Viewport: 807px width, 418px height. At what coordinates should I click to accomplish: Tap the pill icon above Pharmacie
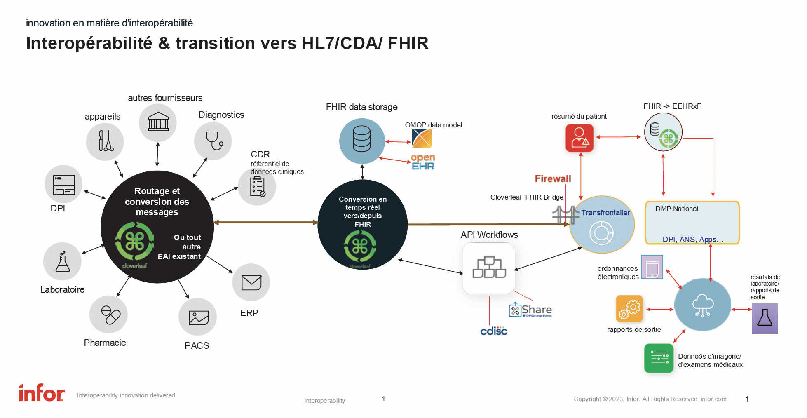[x=108, y=315]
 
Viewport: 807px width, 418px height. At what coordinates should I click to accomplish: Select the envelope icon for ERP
[x=251, y=283]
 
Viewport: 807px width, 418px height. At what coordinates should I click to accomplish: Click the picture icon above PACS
[x=198, y=317]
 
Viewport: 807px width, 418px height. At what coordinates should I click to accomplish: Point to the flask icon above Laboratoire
[x=62, y=262]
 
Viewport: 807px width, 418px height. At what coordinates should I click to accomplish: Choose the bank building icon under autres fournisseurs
[x=158, y=122]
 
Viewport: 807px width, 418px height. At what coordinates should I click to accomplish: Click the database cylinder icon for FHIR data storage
[x=362, y=140]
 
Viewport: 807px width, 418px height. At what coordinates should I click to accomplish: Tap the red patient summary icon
[x=579, y=138]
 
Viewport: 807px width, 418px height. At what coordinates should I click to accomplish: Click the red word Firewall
[x=553, y=178]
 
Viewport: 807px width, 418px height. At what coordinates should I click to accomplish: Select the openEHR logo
[x=423, y=162]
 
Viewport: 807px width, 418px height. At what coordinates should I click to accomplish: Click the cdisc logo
[x=494, y=331]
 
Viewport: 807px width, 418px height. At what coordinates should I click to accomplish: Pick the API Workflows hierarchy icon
[x=489, y=268]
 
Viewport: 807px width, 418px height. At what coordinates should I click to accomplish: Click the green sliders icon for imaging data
[x=659, y=358]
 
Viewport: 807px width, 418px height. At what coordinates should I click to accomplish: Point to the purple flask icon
[x=765, y=318]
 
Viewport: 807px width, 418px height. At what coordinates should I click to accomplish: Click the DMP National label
[x=676, y=209]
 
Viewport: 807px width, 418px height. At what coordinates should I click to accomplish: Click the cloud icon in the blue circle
[x=703, y=305]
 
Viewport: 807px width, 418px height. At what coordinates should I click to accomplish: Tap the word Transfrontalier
[x=605, y=213]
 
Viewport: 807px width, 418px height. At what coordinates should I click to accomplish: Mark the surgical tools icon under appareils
[x=105, y=141]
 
